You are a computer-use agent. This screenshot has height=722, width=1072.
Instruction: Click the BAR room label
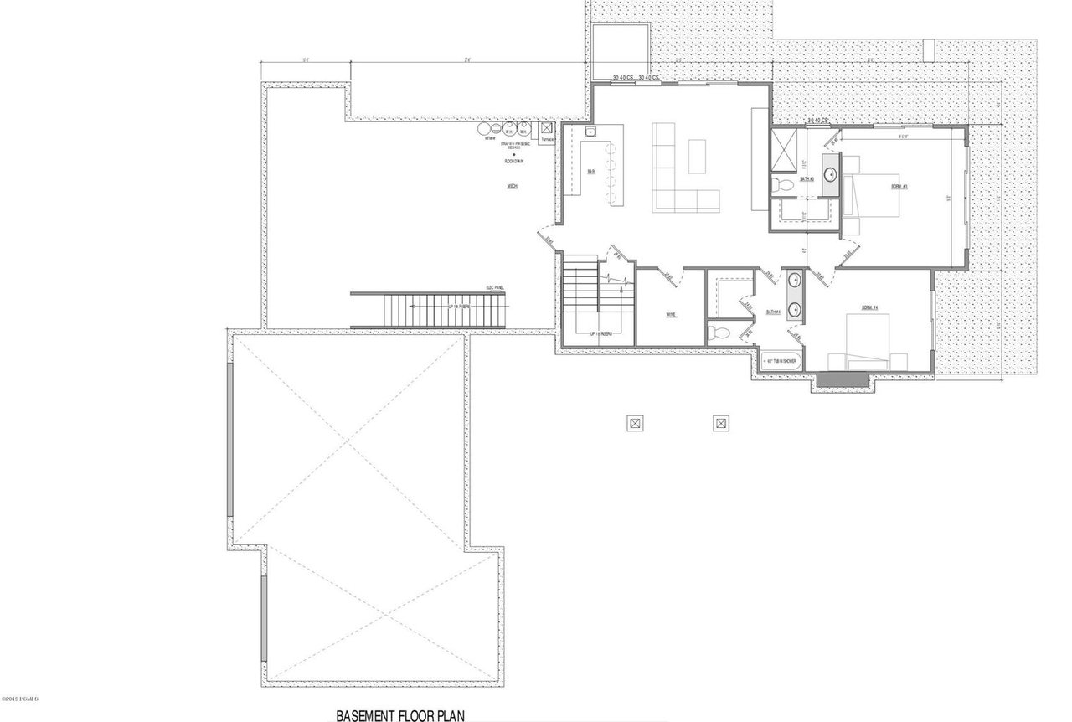591,173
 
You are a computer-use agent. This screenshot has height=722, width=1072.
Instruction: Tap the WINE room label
671,315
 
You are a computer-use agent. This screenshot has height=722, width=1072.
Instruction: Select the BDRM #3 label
889,187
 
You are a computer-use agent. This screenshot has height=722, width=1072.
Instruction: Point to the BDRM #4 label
869,308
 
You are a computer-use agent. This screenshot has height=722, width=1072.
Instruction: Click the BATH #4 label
773,312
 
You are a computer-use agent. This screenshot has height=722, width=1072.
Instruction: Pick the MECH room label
511,186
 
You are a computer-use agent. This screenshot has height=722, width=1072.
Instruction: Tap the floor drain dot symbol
508,155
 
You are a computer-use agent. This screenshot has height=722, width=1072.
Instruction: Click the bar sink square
590,132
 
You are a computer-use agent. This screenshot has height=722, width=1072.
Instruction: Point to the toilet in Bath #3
777,183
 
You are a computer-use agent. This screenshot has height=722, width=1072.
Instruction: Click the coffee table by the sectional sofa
698,156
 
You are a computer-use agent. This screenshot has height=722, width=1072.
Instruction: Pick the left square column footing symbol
635,423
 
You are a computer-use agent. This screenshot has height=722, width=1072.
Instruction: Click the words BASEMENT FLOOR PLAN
400,716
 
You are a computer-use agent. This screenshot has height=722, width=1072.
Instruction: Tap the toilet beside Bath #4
716,333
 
